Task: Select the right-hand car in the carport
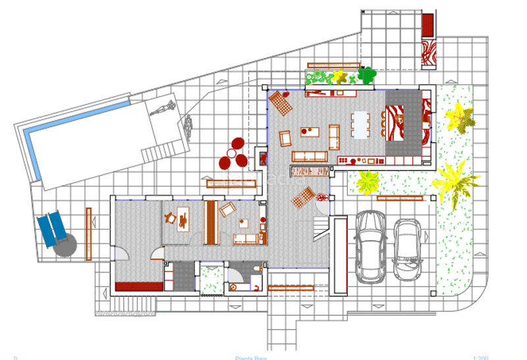[407, 249]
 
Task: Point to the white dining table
[360, 124]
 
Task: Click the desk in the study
[182, 218]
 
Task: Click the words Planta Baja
[251, 357]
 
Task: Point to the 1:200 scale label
[480, 357]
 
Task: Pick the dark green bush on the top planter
[366, 75]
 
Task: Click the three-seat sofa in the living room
[310, 156]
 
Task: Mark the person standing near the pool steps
[188, 127]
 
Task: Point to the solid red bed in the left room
[138, 286]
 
